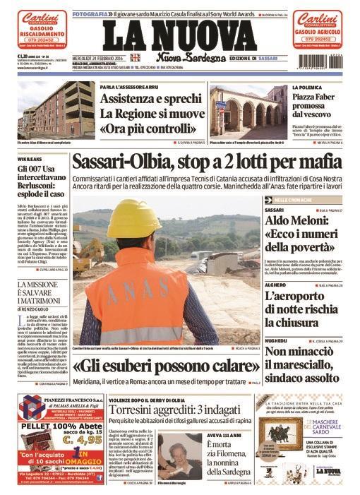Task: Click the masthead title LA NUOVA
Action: pos(180,35)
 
